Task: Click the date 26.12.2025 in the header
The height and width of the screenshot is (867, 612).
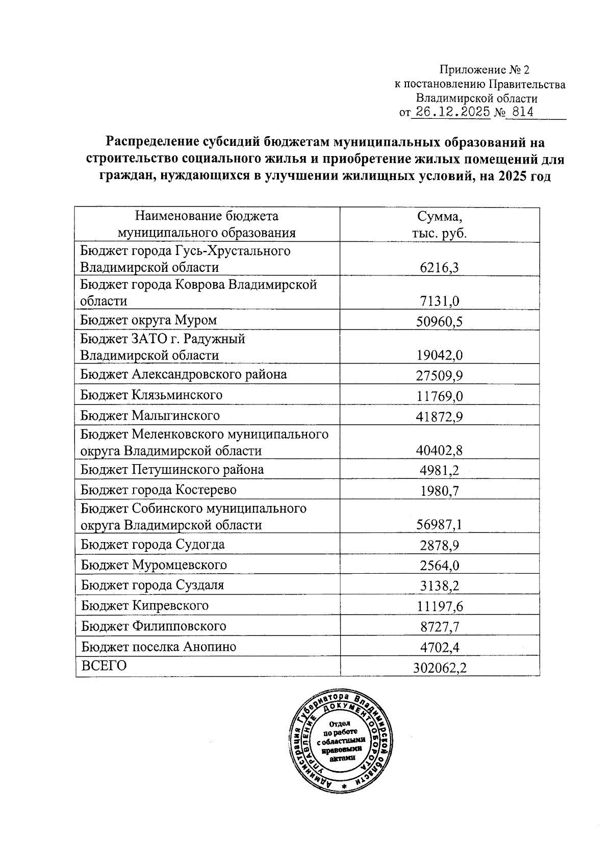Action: (x=450, y=113)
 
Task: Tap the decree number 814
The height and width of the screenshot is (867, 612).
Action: (x=523, y=113)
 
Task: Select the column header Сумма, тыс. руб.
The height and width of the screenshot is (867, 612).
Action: (x=439, y=224)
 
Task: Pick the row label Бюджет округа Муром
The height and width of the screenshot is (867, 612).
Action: (x=148, y=320)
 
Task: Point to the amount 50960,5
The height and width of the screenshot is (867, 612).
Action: (x=439, y=321)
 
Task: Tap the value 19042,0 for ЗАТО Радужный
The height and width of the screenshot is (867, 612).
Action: (x=439, y=355)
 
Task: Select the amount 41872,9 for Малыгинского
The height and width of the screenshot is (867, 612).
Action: (x=439, y=417)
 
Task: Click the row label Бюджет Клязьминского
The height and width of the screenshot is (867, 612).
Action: (x=151, y=395)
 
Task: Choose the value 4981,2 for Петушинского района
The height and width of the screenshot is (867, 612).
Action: (x=439, y=470)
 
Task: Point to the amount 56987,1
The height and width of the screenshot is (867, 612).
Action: (x=439, y=525)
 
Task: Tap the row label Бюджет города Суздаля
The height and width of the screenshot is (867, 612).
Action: (x=152, y=585)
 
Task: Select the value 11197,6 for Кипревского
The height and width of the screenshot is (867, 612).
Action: (x=439, y=606)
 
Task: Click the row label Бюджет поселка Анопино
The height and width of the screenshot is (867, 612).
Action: (x=159, y=647)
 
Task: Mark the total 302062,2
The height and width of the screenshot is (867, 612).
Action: (x=439, y=668)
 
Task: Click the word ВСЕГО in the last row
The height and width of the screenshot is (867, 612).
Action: (x=104, y=666)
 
